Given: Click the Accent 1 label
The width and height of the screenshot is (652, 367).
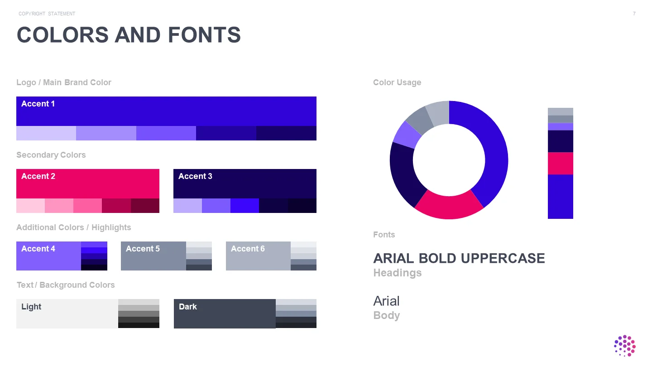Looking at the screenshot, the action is point(38,104).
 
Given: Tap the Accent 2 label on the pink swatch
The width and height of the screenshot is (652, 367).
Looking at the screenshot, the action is point(38,176).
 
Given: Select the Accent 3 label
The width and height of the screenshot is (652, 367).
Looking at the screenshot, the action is point(195,176).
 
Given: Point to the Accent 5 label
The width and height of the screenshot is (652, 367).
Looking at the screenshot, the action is point(143,249).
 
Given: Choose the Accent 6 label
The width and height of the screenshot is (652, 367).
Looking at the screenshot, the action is point(248,249).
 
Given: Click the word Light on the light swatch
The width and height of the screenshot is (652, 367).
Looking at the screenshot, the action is point(31,307).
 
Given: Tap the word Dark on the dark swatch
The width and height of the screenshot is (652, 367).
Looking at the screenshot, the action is point(188,307).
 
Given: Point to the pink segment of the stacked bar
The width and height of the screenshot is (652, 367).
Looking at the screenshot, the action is point(561,164).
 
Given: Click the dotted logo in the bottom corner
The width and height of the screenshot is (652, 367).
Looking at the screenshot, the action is point(625,346).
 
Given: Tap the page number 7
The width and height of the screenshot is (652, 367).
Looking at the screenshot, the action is point(634,14).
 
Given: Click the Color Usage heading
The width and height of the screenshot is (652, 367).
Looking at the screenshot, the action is point(397,82).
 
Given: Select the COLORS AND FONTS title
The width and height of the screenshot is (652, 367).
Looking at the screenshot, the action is point(129,35).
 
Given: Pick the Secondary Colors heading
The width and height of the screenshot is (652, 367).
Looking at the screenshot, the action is point(51,155).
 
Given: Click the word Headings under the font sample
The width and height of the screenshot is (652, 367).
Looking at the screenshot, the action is point(398,273).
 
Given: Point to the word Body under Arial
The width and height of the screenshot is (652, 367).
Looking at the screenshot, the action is point(387,315).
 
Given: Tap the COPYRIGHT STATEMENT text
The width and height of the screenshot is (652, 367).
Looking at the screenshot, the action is point(47,14).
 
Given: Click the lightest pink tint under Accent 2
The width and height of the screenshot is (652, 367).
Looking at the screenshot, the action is point(31,206).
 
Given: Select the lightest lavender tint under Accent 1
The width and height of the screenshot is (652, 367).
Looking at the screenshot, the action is point(46,133).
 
